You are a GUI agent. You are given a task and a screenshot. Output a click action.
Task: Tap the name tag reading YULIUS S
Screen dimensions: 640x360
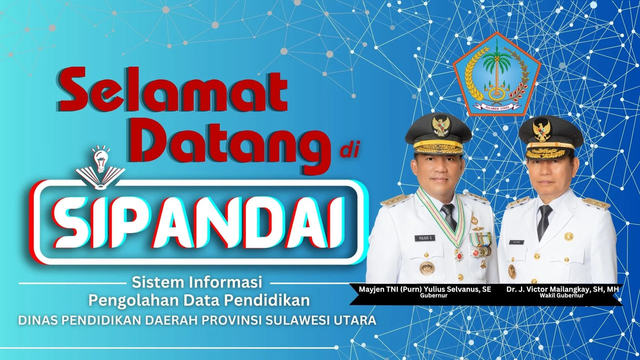[x=425, y=238]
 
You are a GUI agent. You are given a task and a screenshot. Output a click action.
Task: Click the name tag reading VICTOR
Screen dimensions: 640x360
[x=516, y=242]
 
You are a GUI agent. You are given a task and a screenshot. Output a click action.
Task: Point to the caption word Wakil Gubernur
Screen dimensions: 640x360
[x=562, y=295]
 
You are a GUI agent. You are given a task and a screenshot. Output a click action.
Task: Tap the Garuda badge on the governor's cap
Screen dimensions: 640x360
[x=441, y=127]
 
